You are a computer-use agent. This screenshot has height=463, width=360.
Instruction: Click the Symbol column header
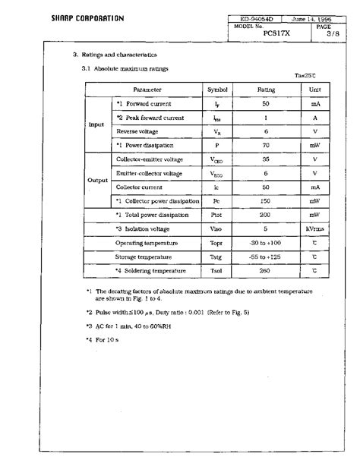(x=217, y=90)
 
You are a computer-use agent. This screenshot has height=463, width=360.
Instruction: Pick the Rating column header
(x=266, y=90)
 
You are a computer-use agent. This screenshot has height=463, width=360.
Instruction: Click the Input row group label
(x=96, y=124)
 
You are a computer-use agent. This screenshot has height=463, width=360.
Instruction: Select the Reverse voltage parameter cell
(x=137, y=131)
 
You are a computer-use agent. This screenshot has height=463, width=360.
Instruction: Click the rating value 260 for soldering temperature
(x=266, y=271)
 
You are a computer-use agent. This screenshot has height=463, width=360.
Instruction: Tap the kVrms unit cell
(x=314, y=228)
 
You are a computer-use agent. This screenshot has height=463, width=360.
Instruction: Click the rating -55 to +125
(x=266, y=257)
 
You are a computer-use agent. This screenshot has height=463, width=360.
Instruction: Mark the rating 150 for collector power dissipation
(x=266, y=201)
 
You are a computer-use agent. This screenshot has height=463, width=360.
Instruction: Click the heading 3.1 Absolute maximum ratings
(x=125, y=69)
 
